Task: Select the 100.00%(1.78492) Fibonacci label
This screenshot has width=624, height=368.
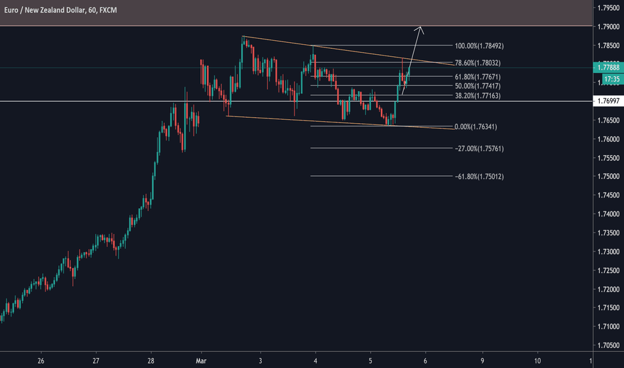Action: (479, 46)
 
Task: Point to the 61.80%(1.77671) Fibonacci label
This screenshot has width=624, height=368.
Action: (478, 77)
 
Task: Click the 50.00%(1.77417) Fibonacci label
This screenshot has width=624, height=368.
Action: (478, 86)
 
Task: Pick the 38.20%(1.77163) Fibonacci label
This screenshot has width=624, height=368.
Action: (478, 96)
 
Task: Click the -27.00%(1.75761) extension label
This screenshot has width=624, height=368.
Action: (479, 148)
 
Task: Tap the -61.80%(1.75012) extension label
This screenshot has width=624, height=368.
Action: (479, 176)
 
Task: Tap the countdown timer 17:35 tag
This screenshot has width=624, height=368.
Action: (609, 79)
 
